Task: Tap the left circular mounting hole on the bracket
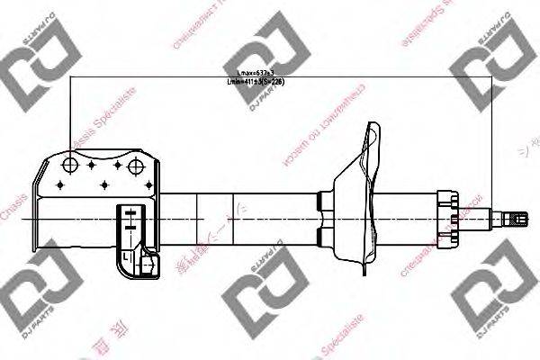(x=69, y=166)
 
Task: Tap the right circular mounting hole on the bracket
(x=137, y=166)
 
